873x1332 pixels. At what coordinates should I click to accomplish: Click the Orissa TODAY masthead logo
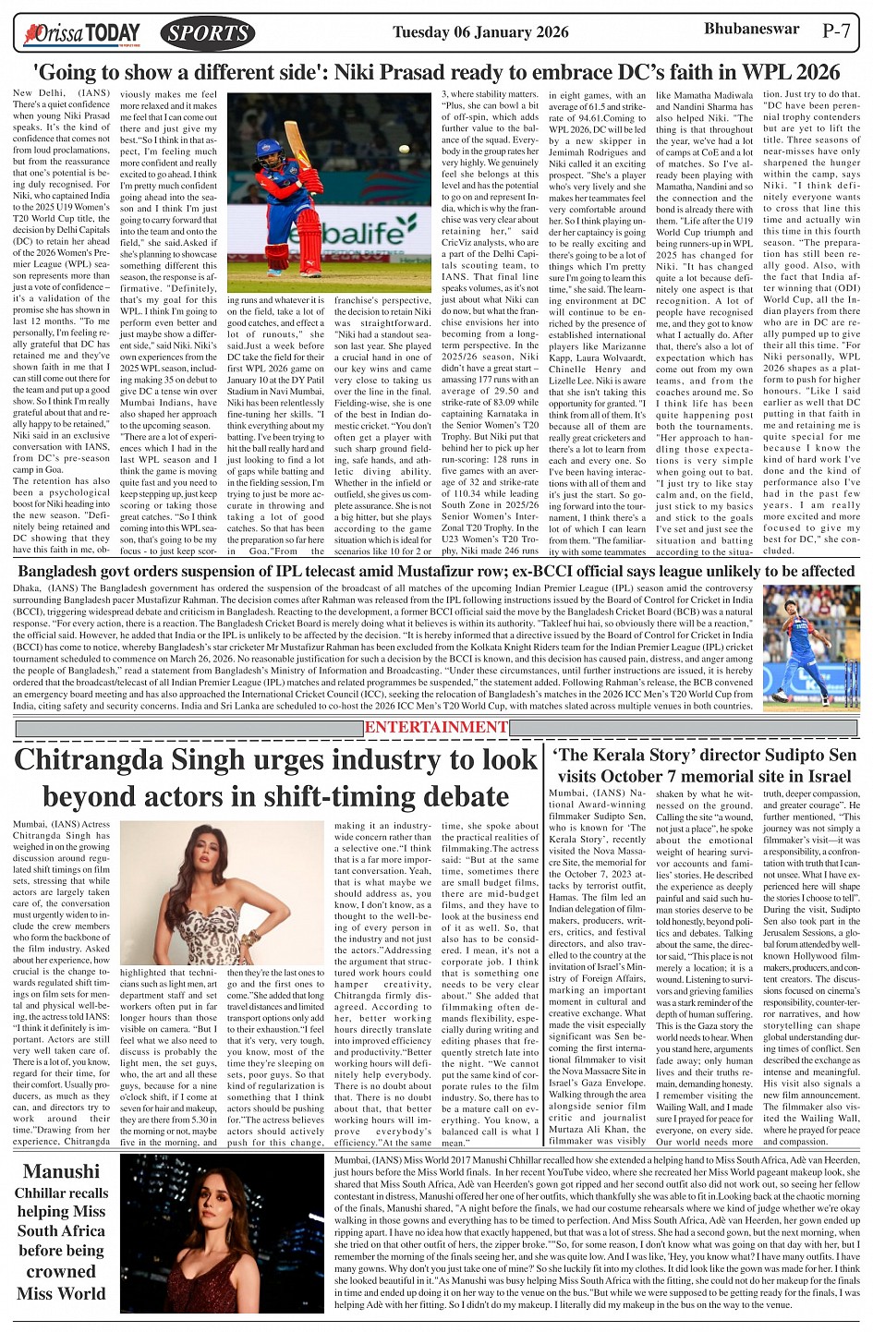coord(83,34)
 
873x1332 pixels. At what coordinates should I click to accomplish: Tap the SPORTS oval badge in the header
coord(208,34)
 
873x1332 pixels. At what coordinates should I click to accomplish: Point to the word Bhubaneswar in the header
coord(751,29)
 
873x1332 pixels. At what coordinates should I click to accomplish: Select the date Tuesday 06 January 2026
coord(480,32)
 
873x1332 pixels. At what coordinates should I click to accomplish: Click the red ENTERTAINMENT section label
coord(436,727)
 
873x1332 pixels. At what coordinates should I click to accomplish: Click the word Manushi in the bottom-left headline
coord(61,1171)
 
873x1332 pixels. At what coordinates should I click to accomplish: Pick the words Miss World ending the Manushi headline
coord(61,1292)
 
